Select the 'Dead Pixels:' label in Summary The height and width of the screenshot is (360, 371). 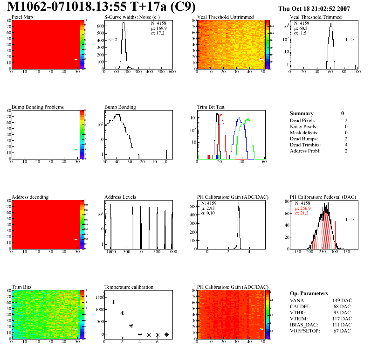click(x=303, y=121)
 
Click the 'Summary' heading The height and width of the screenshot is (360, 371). click(x=302, y=113)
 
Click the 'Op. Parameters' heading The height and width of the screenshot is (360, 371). click(x=309, y=293)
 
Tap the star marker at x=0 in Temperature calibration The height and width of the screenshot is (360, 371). click(x=104, y=294)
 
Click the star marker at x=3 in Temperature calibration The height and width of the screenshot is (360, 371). click(x=131, y=325)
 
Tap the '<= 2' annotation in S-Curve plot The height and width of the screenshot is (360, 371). click(x=113, y=40)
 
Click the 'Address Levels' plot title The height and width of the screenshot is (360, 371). click(x=120, y=197)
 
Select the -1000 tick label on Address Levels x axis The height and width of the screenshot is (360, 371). click(x=110, y=251)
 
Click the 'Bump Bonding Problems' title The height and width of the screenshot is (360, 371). click(x=38, y=107)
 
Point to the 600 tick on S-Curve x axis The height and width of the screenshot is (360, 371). click(x=172, y=72)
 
